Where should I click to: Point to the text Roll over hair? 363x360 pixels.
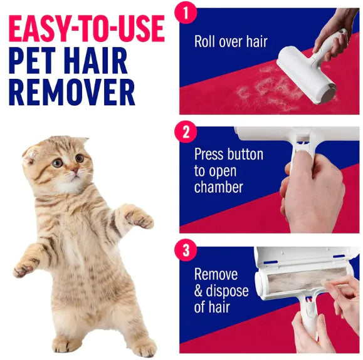[x=231, y=43]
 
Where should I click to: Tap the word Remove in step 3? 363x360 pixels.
[x=216, y=275]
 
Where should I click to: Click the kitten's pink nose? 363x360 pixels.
[x=73, y=170]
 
